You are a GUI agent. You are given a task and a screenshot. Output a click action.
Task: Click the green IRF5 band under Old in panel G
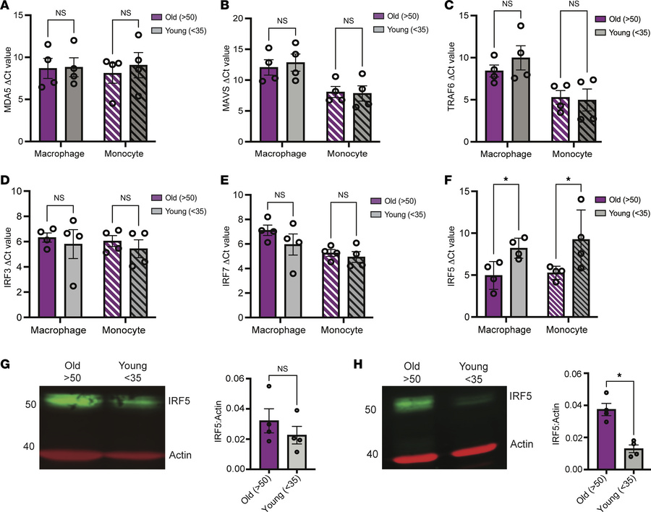(x=72, y=399)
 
